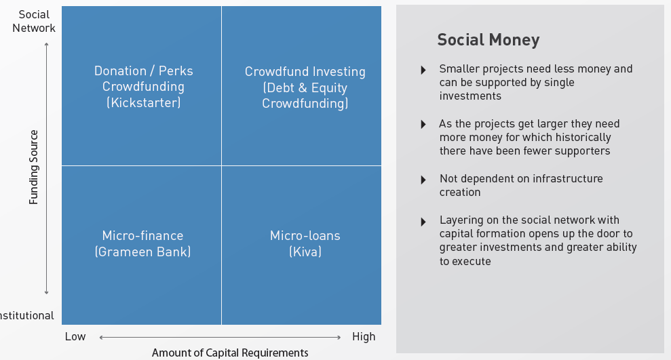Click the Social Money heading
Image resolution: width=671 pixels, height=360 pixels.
click(488, 40)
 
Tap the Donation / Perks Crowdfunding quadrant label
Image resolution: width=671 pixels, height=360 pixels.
click(143, 87)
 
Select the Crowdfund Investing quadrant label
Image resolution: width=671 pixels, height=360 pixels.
click(305, 87)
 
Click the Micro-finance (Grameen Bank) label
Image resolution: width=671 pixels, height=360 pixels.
click(143, 243)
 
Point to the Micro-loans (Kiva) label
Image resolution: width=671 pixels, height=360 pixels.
click(305, 243)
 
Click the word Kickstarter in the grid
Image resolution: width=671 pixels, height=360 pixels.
click(143, 102)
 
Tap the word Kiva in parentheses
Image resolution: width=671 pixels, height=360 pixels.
click(305, 252)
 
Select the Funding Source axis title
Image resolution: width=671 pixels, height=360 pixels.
click(33, 167)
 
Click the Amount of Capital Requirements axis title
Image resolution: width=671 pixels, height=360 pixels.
click(230, 353)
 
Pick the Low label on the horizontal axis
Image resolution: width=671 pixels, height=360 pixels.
click(75, 336)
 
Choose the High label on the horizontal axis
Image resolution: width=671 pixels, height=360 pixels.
click(364, 336)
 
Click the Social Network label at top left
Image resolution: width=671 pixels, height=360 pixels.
click(34, 22)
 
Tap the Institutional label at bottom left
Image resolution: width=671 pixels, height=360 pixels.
click(27, 315)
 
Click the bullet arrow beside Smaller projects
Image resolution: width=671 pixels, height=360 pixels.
click(423, 70)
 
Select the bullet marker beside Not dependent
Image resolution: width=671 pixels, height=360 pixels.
click(423, 180)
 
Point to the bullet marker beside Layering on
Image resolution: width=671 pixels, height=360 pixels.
click(423, 222)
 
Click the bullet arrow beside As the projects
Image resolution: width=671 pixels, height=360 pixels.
click(423, 125)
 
